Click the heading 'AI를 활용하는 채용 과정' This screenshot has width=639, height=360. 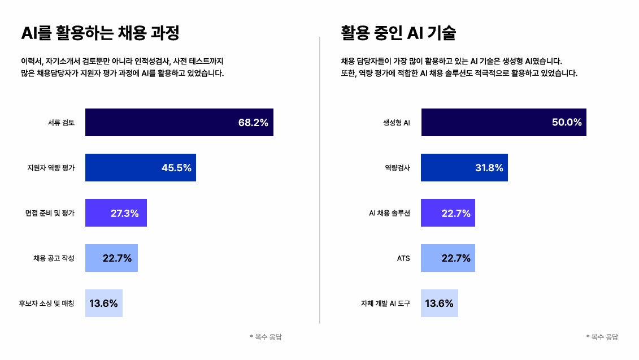pos(100,33)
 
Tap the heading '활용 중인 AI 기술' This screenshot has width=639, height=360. pos(398,33)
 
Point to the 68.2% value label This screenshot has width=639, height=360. pos(253,123)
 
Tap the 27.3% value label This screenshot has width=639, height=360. pos(124,213)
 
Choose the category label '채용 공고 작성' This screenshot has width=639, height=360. pos(54,258)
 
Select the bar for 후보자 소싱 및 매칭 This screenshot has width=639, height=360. pos(103,303)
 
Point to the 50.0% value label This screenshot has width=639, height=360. pos(567,123)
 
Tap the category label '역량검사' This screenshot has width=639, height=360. pos(397,168)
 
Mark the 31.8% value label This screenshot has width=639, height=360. pos(488,168)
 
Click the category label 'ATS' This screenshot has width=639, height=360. pos(403,258)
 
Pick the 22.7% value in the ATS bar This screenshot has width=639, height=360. pos(456,258)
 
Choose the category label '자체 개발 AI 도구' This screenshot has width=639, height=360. pos(385,303)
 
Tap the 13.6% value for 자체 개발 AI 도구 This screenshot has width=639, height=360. pos(439,303)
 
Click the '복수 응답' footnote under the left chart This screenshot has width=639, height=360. pos(266,337)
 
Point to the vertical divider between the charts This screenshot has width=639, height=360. pos(320,181)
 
